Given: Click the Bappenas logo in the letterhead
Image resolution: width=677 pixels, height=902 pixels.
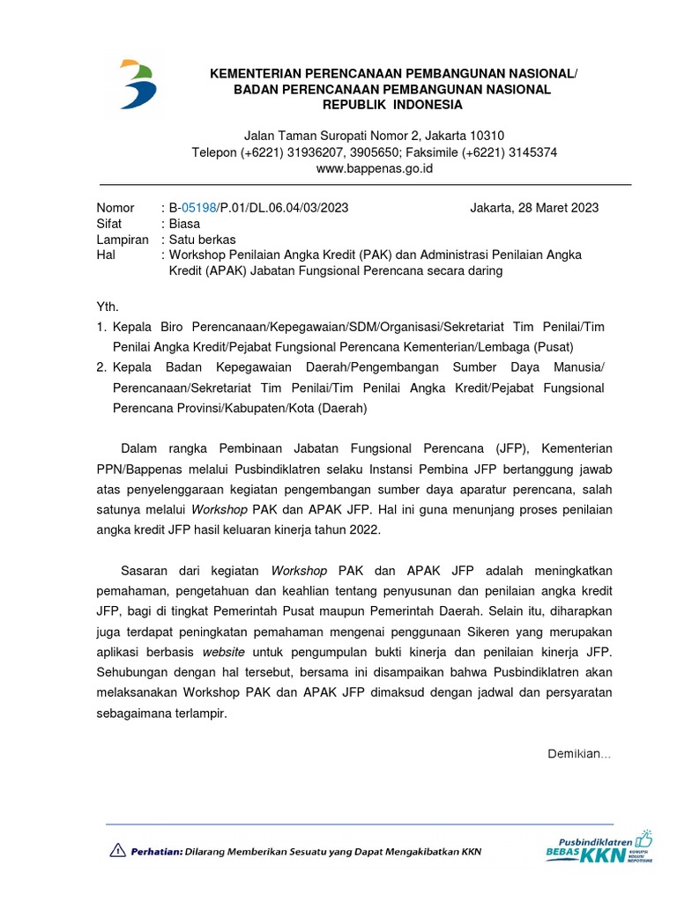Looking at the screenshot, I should (x=139, y=85).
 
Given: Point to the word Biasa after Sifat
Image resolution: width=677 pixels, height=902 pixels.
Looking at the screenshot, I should (x=186, y=224).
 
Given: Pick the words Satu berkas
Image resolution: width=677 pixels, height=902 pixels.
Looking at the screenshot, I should (x=203, y=240).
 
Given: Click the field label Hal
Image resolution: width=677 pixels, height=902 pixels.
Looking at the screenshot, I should (x=105, y=255).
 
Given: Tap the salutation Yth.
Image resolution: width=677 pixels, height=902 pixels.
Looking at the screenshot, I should (x=106, y=306).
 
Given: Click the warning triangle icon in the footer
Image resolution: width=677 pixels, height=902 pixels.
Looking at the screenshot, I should (x=117, y=851).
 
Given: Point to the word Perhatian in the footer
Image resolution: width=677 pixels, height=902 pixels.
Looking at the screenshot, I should (x=157, y=852).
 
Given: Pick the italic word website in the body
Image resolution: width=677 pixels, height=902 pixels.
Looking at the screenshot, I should (x=224, y=653).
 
